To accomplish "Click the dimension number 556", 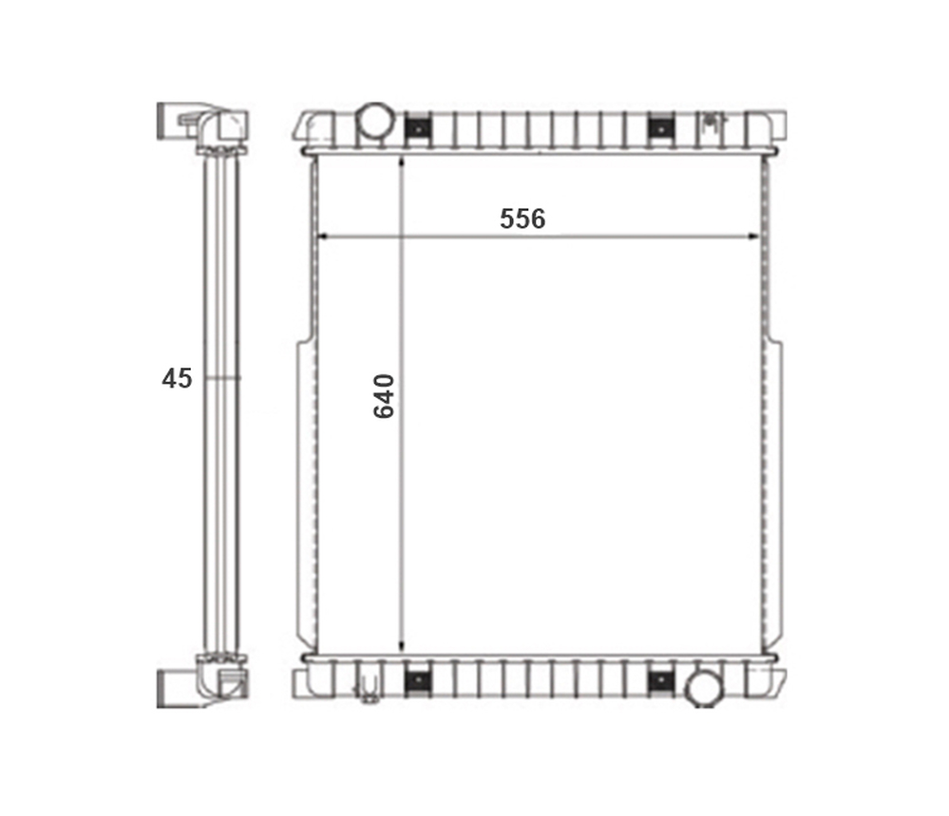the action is tap(522, 218).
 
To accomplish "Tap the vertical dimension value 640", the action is tap(384, 396).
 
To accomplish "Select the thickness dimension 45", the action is tap(177, 378).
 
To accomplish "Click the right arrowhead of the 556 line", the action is tap(753, 237).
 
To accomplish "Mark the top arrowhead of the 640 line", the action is tap(402, 161).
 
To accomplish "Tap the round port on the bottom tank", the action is tap(703, 688).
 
